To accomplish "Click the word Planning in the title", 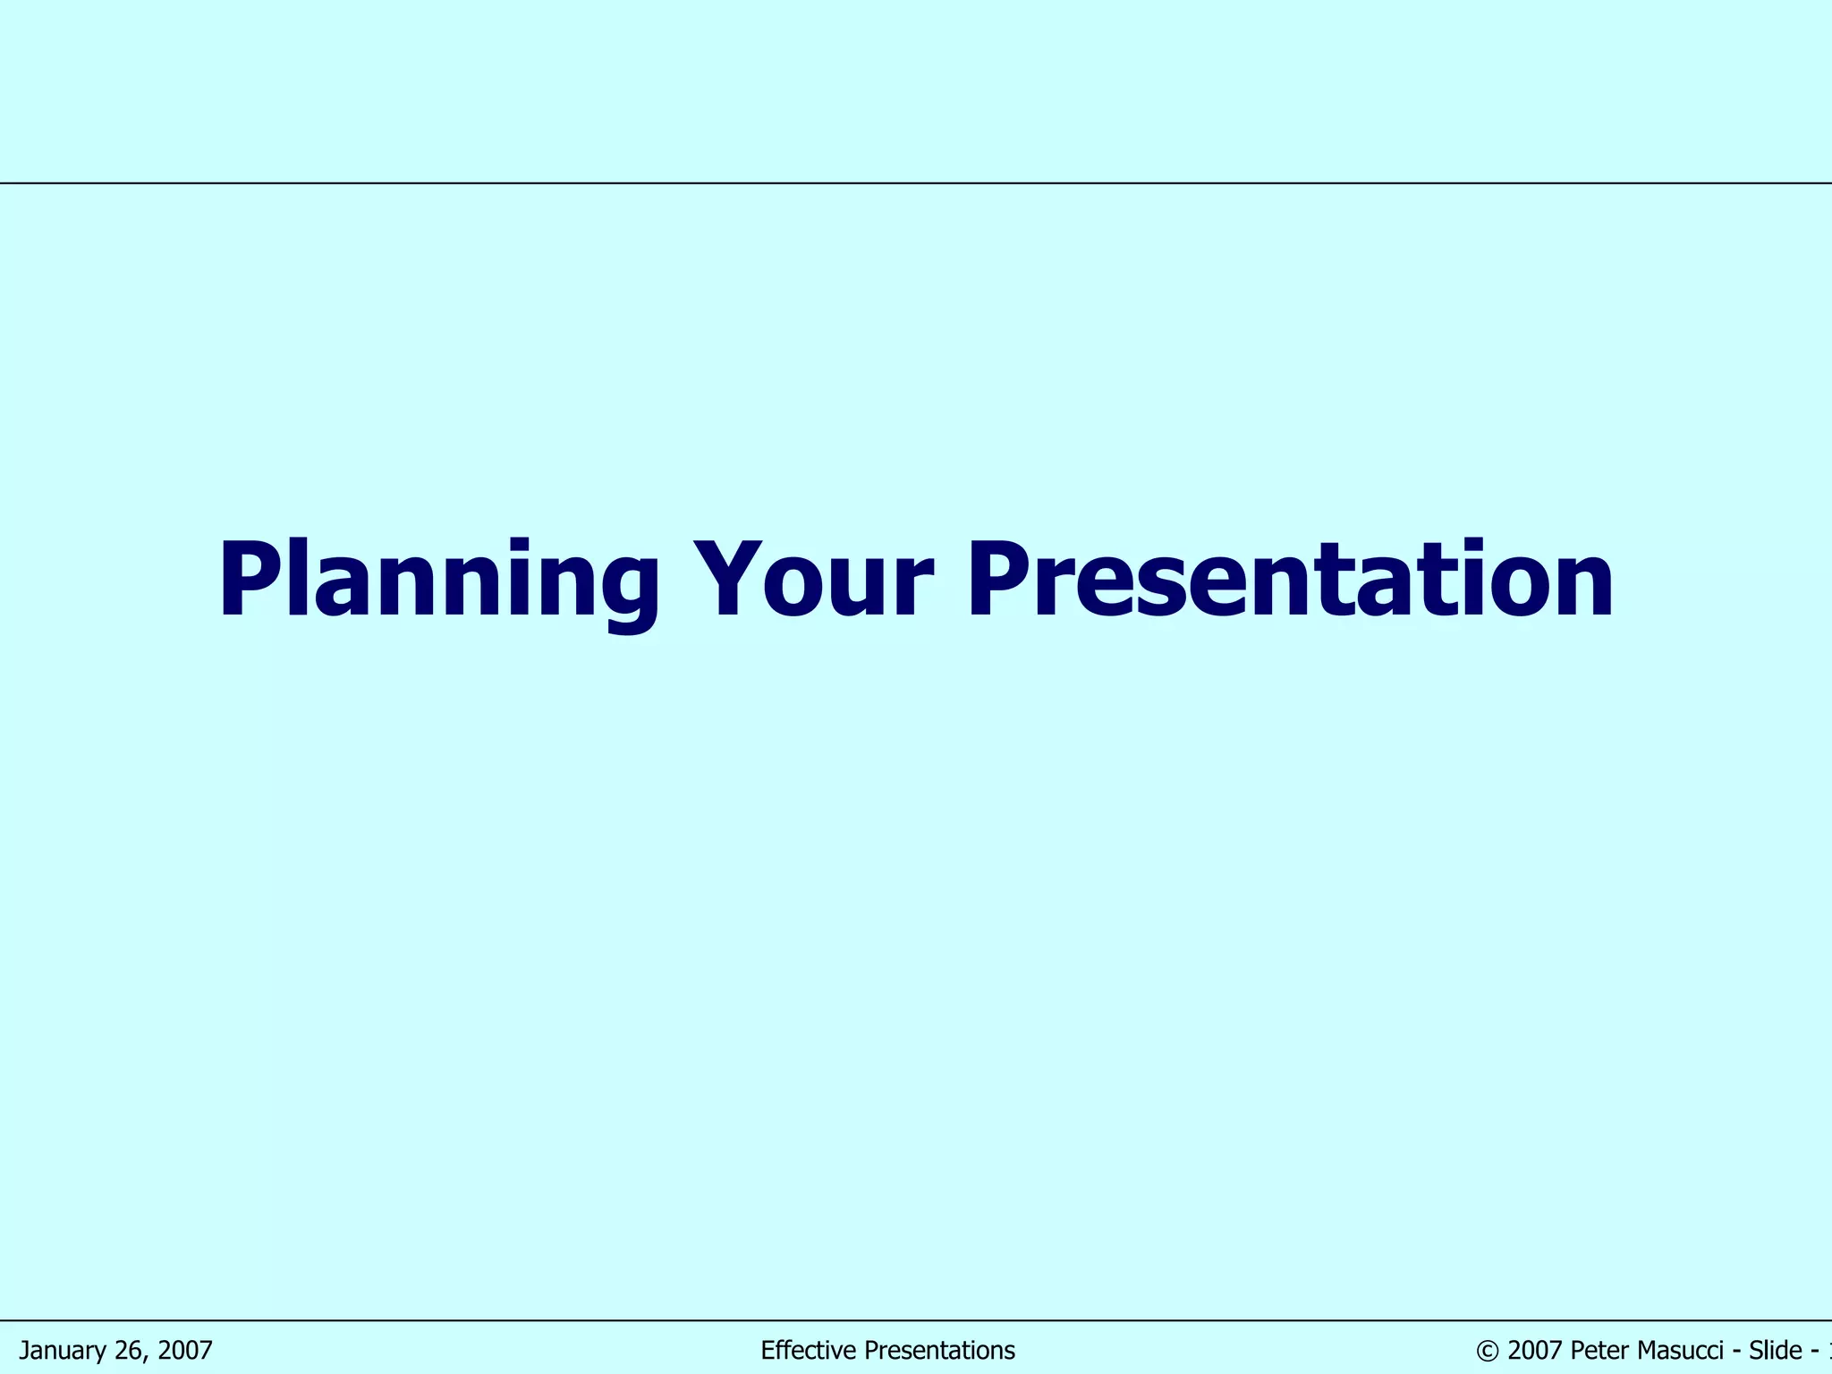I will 438,581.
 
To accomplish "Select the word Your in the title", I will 814,581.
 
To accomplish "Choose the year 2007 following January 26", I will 185,1351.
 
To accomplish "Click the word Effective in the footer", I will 802,1351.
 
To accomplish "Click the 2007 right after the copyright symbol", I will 1535,1351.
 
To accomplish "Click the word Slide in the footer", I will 1775,1351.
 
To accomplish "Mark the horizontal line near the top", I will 916,183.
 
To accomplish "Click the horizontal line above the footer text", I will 916,1320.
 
